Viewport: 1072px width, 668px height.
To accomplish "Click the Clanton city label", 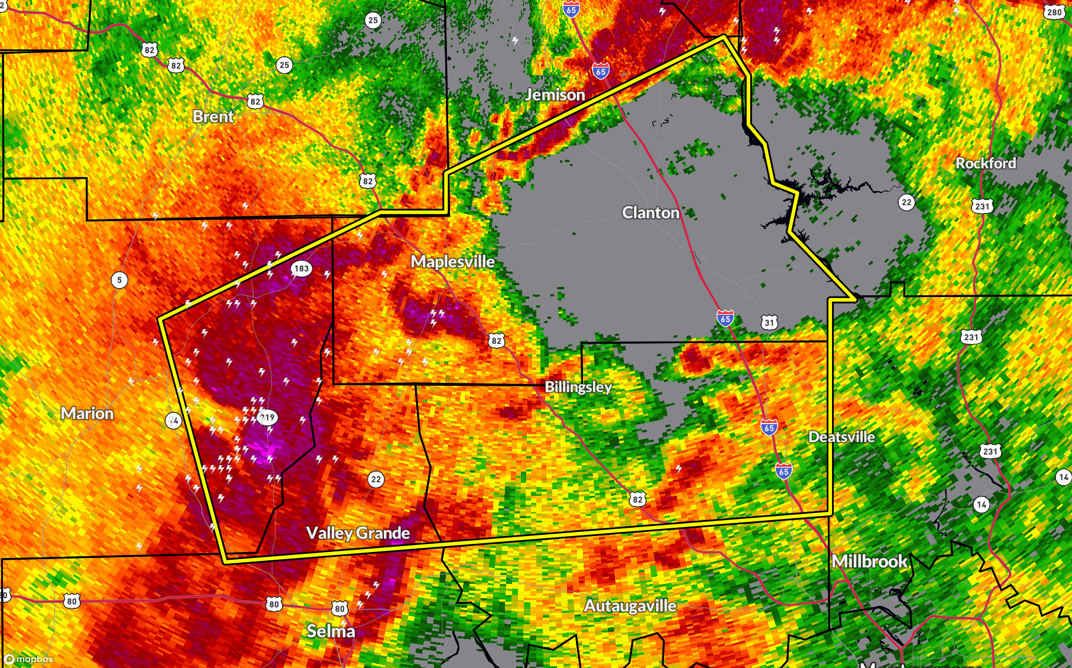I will click(x=650, y=212).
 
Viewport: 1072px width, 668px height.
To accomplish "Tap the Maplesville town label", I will click(x=452, y=262).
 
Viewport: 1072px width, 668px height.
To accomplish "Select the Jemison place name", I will click(x=555, y=95).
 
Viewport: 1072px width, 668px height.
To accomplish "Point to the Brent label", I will click(x=213, y=117).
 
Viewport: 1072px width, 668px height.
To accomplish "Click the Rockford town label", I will click(x=986, y=163).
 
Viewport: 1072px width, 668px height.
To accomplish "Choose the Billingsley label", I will click(x=578, y=387).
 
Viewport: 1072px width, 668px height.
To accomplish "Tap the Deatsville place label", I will click(x=841, y=437).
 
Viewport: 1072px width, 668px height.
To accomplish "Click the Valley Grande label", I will click(x=358, y=533).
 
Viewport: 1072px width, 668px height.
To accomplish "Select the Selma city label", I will click(x=331, y=631).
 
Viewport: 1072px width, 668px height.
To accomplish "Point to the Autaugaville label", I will click(x=630, y=606).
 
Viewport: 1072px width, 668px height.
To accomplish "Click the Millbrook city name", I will click(x=869, y=561).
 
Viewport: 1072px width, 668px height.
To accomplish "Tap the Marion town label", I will click(x=87, y=414).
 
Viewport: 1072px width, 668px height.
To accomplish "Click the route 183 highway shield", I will click(x=302, y=269).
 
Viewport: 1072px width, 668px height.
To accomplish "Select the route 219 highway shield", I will click(x=267, y=418).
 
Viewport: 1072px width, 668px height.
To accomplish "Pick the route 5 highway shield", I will click(x=119, y=280).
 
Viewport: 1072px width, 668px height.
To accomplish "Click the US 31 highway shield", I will click(x=769, y=322).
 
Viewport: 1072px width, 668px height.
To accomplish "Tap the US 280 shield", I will click(x=1054, y=12).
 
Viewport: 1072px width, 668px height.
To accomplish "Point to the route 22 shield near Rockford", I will click(x=906, y=202).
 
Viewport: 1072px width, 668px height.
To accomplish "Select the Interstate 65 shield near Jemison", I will click(x=601, y=71).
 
